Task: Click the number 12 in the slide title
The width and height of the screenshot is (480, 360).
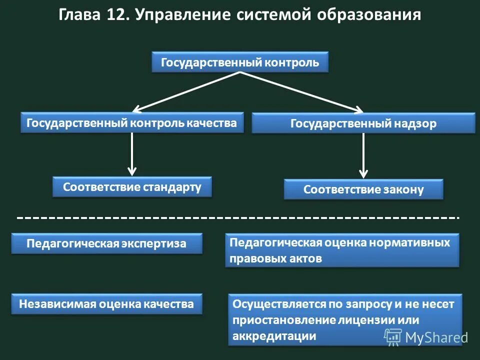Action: (115, 15)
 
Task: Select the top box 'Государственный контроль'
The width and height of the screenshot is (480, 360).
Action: (240, 62)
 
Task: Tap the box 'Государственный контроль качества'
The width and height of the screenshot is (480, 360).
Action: (132, 122)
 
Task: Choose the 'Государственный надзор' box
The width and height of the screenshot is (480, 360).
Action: (363, 123)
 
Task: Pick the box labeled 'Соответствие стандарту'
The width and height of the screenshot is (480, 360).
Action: (132, 187)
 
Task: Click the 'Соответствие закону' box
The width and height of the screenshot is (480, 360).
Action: (363, 189)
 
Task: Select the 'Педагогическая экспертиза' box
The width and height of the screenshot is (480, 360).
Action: (106, 243)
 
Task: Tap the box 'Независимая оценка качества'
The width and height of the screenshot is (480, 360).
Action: (106, 304)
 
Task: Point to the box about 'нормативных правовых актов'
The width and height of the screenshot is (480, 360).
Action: (341, 250)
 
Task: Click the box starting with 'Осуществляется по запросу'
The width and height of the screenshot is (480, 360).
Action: (345, 319)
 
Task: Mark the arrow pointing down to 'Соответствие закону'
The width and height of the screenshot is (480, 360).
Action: (364, 156)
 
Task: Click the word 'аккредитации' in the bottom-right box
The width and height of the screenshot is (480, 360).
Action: (274, 336)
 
